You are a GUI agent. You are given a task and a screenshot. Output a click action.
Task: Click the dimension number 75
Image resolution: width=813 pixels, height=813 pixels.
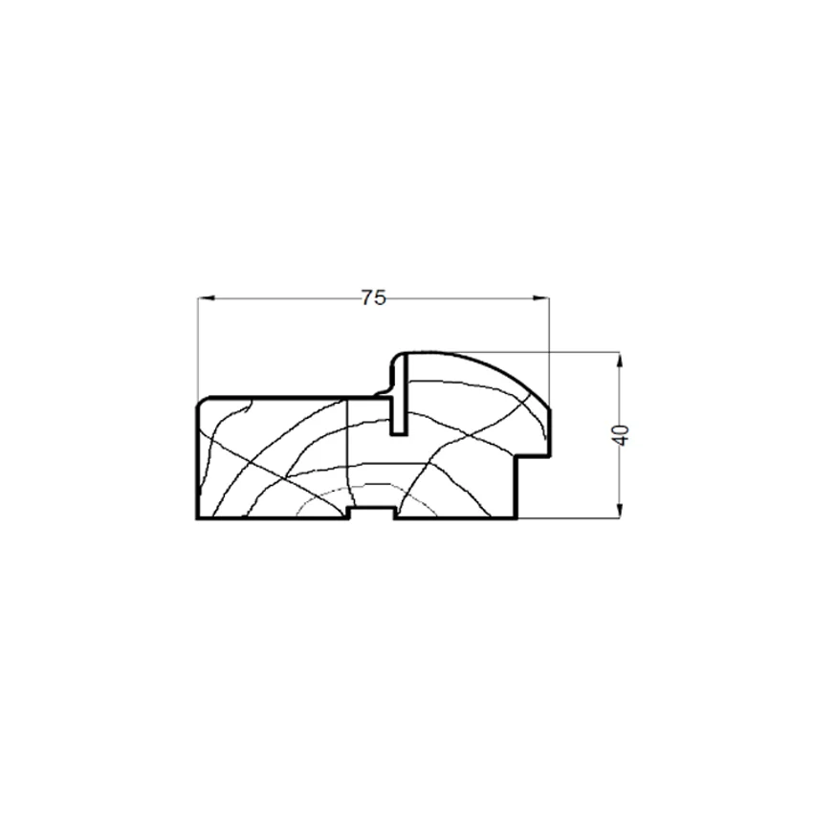pos(373,297)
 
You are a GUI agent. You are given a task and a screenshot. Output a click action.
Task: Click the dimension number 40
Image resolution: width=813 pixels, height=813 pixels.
pos(620,434)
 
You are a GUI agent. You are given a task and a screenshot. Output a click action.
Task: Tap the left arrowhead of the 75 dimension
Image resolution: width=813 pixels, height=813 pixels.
pos(206,297)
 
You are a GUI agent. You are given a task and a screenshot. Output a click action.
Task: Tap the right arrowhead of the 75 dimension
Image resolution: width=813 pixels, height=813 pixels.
pos(540,297)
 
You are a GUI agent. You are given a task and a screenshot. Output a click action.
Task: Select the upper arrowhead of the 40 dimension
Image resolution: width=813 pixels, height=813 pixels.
pos(619,361)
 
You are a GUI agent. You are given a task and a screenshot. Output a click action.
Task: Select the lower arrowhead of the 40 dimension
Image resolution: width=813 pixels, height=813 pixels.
pos(619,511)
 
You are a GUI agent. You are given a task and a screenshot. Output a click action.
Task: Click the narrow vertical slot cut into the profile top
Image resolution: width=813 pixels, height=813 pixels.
pos(399,395)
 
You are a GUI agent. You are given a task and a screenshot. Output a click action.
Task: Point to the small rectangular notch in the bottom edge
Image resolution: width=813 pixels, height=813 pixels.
pos(373,514)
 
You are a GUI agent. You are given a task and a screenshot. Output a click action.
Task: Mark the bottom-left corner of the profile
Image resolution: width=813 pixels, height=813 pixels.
pos(197,518)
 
